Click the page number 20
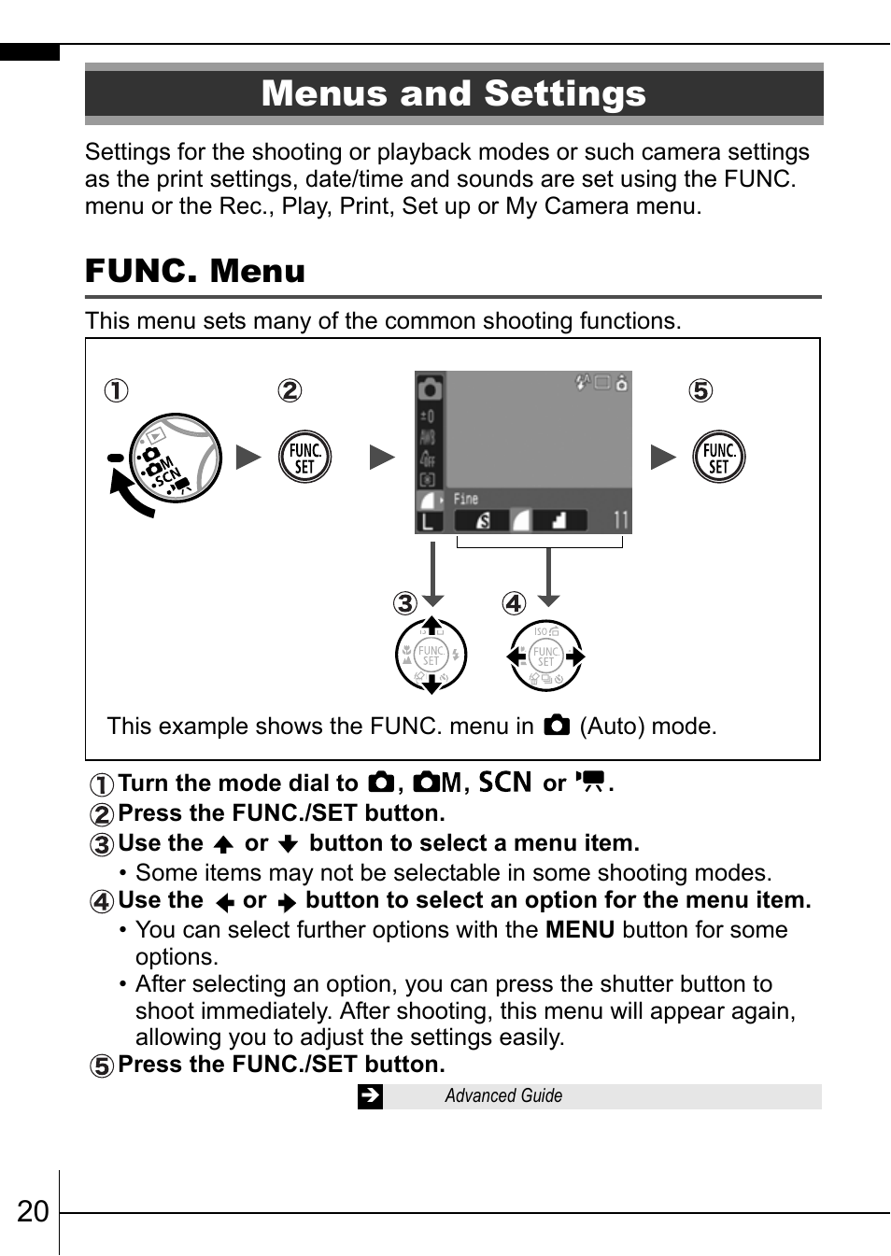(x=33, y=1211)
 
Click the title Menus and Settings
(x=454, y=93)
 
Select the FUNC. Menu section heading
(x=195, y=271)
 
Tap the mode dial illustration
(x=173, y=459)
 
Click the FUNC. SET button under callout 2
(x=305, y=458)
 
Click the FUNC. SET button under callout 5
(x=718, y=458)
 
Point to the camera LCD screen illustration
(x=523, y=452)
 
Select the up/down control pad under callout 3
(x=431, y=656)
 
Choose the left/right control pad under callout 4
(x=546, y=656)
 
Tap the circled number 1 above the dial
(x=116, y=390)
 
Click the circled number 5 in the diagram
(x=700, y=390)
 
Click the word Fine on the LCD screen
(x=466, y=499)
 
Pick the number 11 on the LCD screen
(x=620, y=520)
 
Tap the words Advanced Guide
(x=503, y=1096)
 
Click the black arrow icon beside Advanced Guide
(x=370, y=1096)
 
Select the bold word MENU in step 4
(x=579, y=930)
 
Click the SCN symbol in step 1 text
(x=505, y=783)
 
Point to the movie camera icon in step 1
(x=590, y=782)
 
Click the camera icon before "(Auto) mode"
(x=557, y=726)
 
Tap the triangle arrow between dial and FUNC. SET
(x=248, y=457)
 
